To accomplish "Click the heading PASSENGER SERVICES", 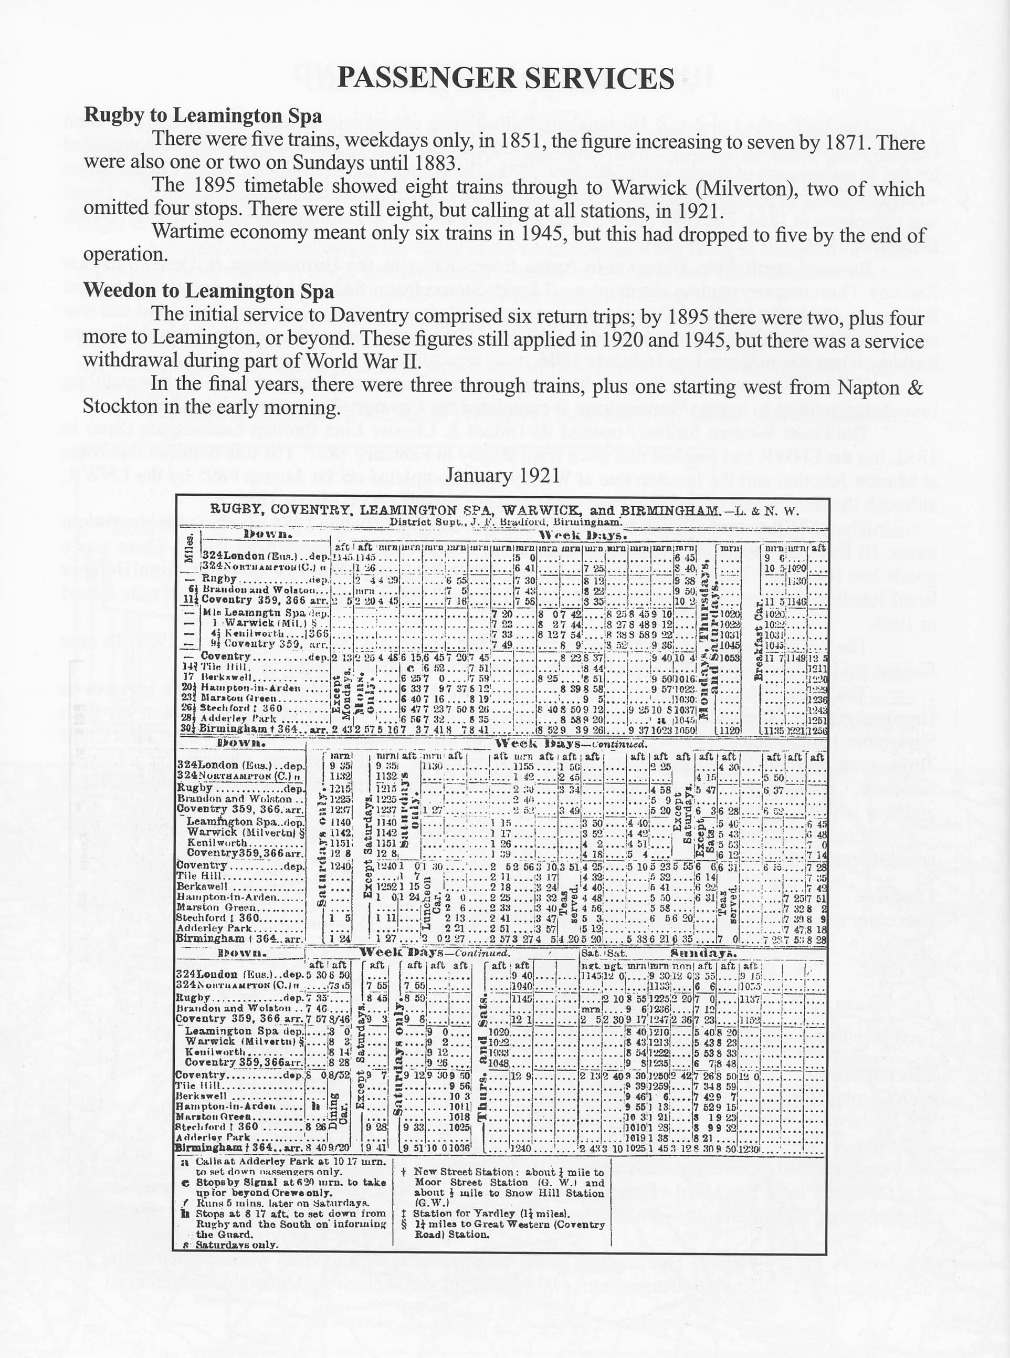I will (505, 79).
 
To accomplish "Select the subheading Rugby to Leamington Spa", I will (202, 115).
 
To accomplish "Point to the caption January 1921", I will (502, 476).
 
